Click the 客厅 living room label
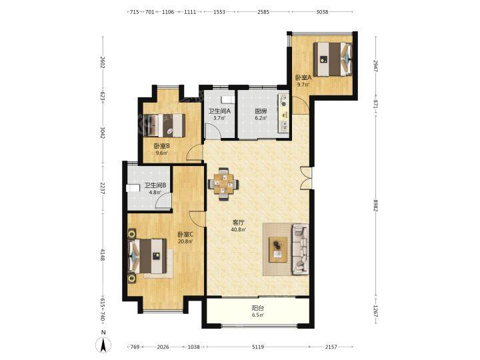click(x=239, y=223)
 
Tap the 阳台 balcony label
click(x=258, y=308)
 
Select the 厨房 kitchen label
click(x=261, y=111)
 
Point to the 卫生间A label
click(x=219, y=111)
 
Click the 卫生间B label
click(x=155, y=185)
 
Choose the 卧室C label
click(x=185, y=235)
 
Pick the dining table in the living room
click(x=223, y=184)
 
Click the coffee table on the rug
click(x=278, y=249)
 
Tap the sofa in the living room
click(x=301, y=249)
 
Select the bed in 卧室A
click(x=333, y=59)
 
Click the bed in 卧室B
click(x=165, y=125)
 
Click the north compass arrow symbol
click(x=103, y=345)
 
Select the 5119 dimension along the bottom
click(x=258, y=347)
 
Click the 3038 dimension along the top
click(x=322, y=12)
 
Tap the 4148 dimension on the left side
click(x=103, y=255)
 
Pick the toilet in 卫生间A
click(x=227, y=99)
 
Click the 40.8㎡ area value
click(x=239, y=229)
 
